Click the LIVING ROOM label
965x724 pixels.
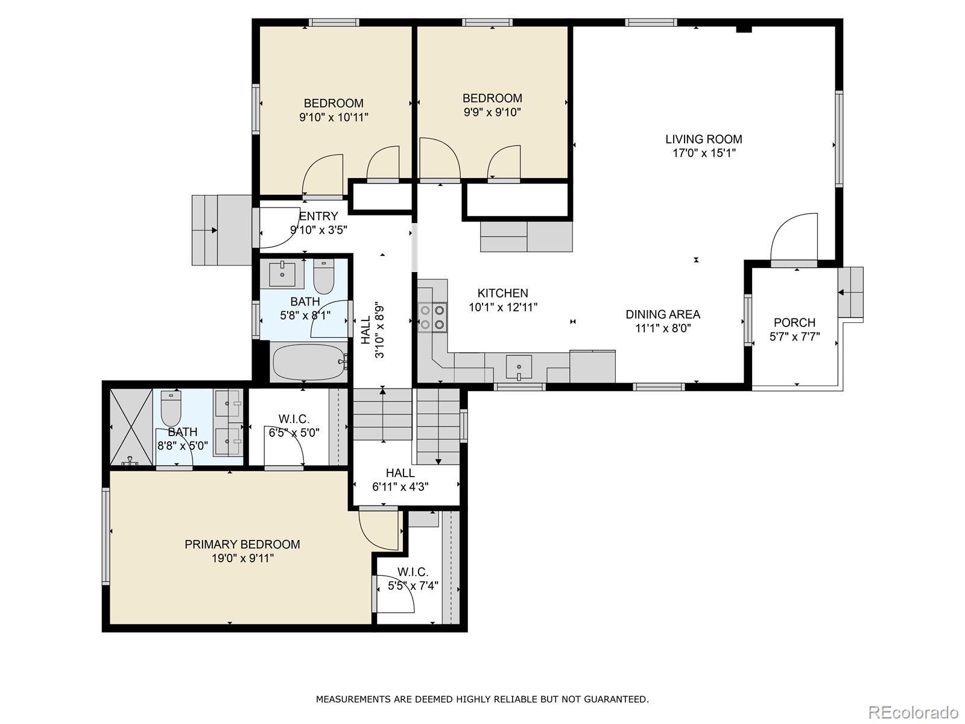703,139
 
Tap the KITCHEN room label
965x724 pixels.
503,293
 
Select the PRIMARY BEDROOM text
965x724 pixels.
242,544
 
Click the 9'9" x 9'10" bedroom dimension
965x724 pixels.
492,112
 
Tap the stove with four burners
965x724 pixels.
432,317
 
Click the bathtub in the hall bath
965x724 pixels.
309,362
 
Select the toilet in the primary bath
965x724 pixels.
171,408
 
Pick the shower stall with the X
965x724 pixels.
131,427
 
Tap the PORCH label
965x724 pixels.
794,323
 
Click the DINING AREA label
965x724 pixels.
663,314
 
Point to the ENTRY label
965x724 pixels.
318,216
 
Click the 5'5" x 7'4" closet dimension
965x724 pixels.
413,586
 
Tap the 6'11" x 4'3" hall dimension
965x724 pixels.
400,487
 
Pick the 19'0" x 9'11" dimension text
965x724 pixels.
242,558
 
